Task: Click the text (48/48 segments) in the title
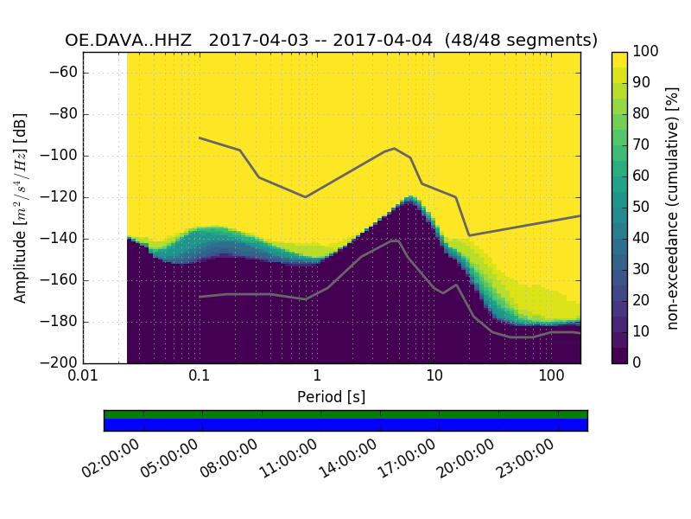[528, 40]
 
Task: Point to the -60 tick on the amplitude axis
[66, 73]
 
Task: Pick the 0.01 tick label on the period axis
[83, 377]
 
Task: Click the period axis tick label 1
[317, 377]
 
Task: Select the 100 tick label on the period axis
[551, 377]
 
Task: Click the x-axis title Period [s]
[331, 396]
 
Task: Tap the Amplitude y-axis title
[20, 208]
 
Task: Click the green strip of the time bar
[345, 414]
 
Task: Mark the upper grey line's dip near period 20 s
[469, 235]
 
